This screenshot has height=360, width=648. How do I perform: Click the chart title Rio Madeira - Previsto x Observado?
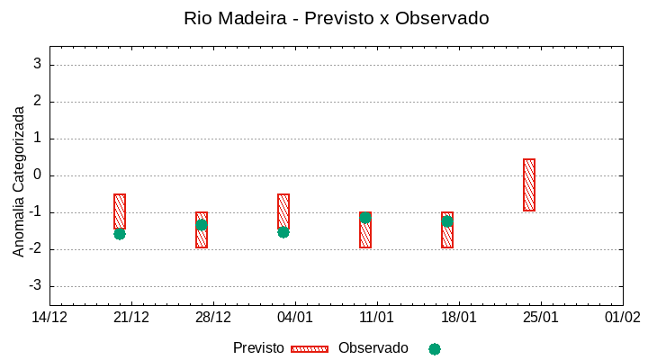click(x=336, y=18)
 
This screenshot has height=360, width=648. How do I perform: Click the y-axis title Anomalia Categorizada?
click(x=19, y=181)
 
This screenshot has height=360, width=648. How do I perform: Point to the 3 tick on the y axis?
click(x=37, y=65)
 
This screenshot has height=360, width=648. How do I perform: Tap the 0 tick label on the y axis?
click(x=37, y=175)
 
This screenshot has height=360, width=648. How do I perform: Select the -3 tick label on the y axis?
click(x=34, y=286)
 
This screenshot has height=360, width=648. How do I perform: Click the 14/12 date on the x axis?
click(x=49, y=318)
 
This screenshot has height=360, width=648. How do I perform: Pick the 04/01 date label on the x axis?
click(x=295, y=318)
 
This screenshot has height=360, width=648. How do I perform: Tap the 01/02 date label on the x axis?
click(x=622, y=318)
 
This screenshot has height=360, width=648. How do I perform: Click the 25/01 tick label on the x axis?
click(x=540, y=318)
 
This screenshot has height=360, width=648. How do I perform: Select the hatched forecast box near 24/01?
click(x=529, y=184)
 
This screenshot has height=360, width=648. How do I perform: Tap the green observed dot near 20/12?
click(x=120, y=234)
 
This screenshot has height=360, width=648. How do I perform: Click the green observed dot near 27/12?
click(x=202, y=225)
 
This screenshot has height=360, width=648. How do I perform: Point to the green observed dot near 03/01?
click(x=283, y=232)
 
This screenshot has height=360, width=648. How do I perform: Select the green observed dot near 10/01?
click(x=364, y=218)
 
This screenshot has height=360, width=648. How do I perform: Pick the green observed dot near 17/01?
click(x=447, y=221)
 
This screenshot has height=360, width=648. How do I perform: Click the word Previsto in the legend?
click(x=258, y=348)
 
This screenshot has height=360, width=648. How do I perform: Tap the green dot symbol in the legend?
click(x=435, y=349)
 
